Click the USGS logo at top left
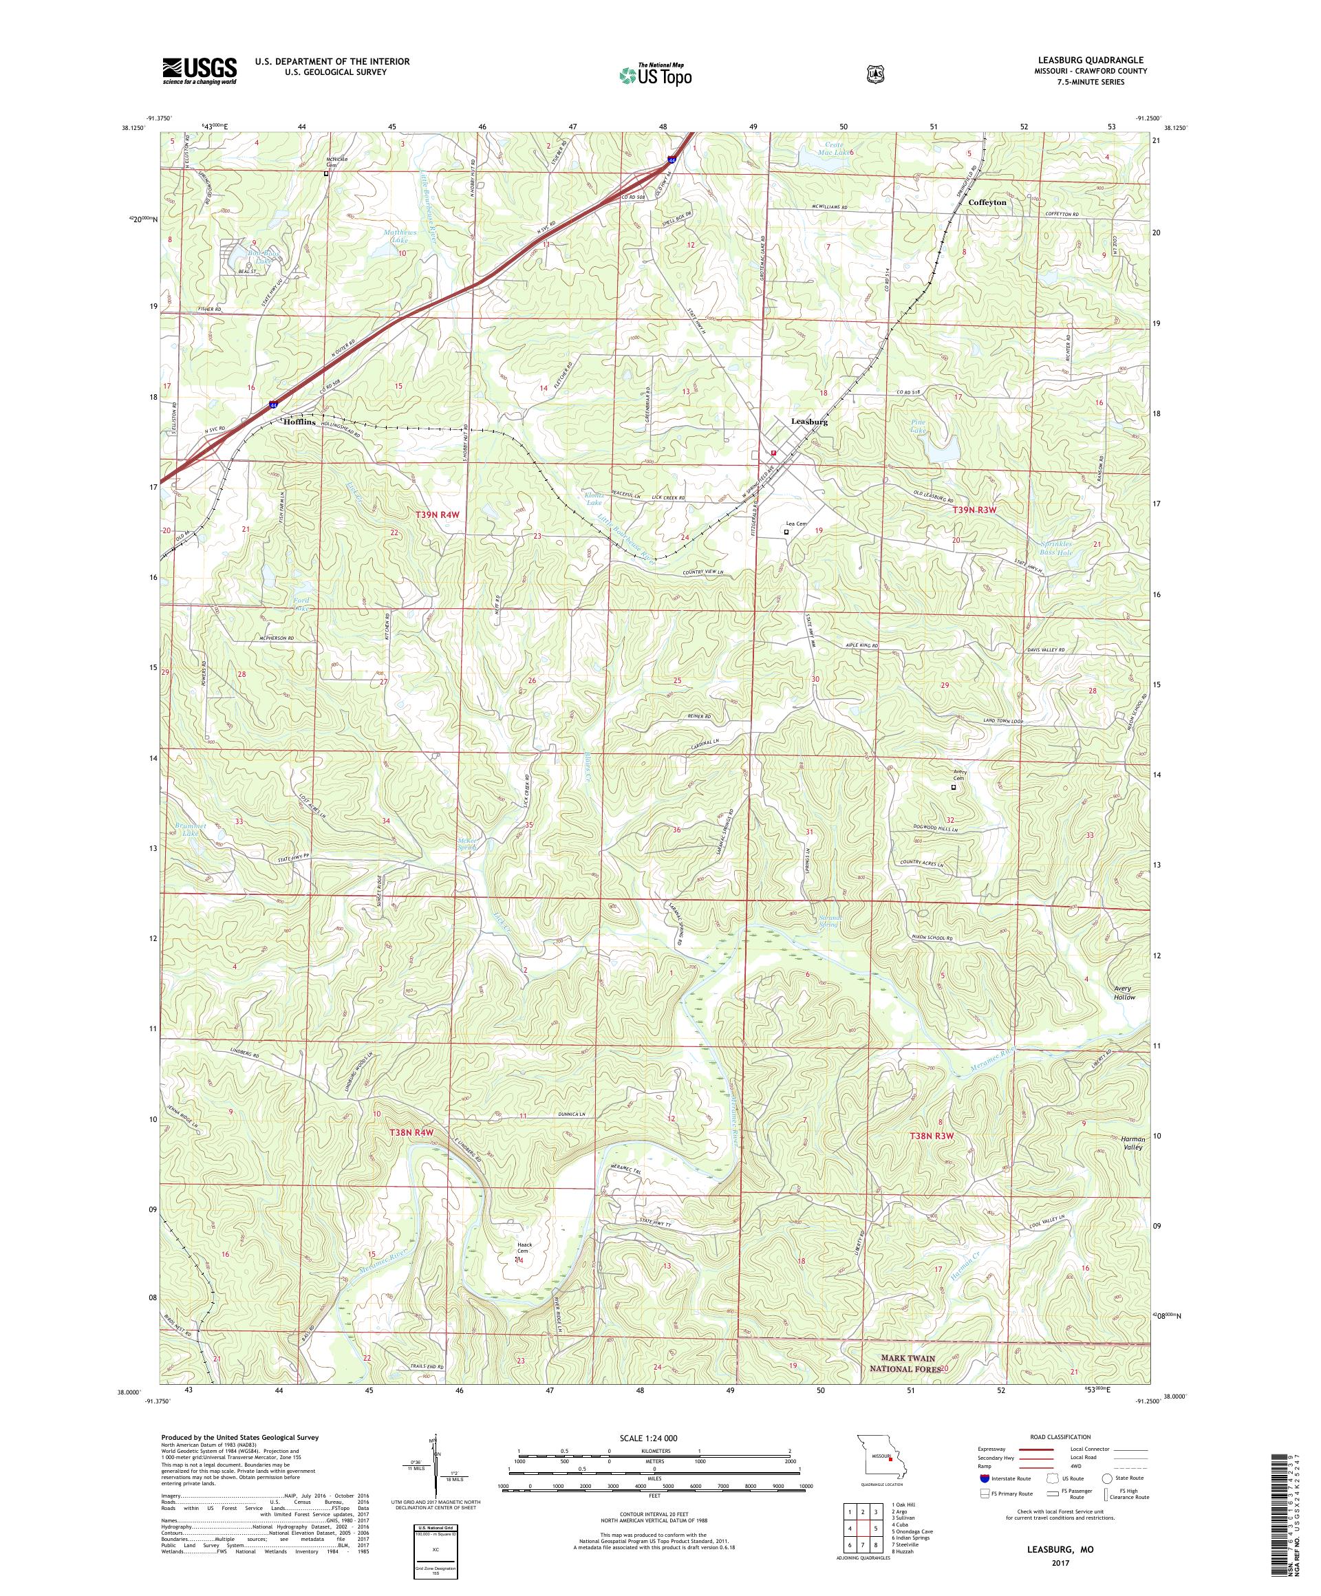[x=198, y=71]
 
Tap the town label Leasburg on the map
[x=808, y=421]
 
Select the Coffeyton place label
[x=987, y=203]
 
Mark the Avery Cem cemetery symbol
[x=953, y=788]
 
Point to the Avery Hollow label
[x=1123, y=993]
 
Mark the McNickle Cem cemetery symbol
[x=327, y=173]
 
